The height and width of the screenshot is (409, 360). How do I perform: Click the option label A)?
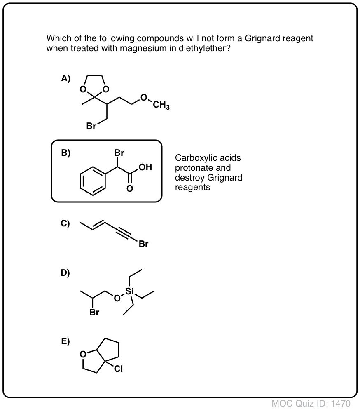coord(65,78)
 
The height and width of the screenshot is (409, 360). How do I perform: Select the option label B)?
coord(65,153)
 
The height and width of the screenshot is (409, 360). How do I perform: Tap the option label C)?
coord(65,223)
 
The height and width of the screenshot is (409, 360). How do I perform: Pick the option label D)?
coord(65,273)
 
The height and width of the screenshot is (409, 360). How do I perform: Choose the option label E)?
coord(65,341)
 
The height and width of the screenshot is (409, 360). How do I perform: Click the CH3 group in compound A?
coord(161,105)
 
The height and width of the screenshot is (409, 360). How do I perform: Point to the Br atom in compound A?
coord(91,126)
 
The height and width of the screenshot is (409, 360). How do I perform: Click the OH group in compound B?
coord(145,167)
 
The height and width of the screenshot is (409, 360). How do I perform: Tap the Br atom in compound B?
coord(119,153)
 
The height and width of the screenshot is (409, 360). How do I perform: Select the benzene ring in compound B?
coord(93,181)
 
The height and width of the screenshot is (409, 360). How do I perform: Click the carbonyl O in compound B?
coord(130,188)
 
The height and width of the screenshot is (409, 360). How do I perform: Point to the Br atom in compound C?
coord(143,244)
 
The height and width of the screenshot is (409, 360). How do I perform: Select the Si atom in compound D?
coord(130,291)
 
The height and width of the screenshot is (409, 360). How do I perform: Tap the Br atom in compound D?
coord(94,312)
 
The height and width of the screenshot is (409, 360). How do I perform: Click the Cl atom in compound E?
coord(118,369)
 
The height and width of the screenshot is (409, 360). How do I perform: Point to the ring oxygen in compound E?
coord(83,354)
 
